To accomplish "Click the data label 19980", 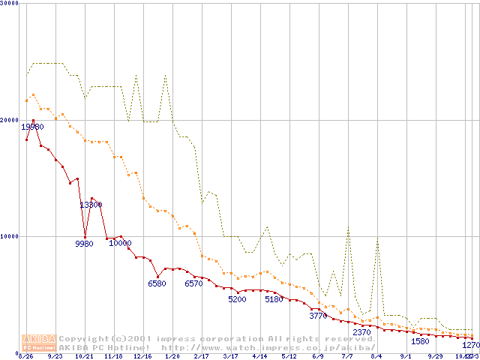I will pyautogui.click(x=32, y=127).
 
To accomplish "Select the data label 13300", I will pyautogui.click(x=91, y=205).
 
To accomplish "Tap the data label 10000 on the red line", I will pyautogui.click(x=120, y=243).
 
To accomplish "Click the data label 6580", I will pyautogui.click(x=157, y=284).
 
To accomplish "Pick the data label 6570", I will pyautogui.click(x=193, y=284).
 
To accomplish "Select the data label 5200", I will pyautogui.click(x=237, y=300).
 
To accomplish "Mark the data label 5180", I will pyautogui.click(x=274, y=300).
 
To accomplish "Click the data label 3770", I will pyautogui.click(x=318, y=316).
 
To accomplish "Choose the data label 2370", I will pyautogui.click(x=361, y=332).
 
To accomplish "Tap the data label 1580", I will pyautogui.click(x=420, y=342).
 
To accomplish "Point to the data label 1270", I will pyautogui.click(x=470, y=346).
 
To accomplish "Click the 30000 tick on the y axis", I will pyautogui.click(x=10, y=4).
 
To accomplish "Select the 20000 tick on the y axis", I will pyautogui.click(x=10, y=120).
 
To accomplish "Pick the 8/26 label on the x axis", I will pyautogui.click(x=25, y=356).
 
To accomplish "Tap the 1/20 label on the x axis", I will pyautogui.click(x=172, y=356).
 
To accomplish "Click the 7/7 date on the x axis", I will pyautogui.click(x=348, y=356).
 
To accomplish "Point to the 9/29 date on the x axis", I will pyautogui.click(x=435, y=356).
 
